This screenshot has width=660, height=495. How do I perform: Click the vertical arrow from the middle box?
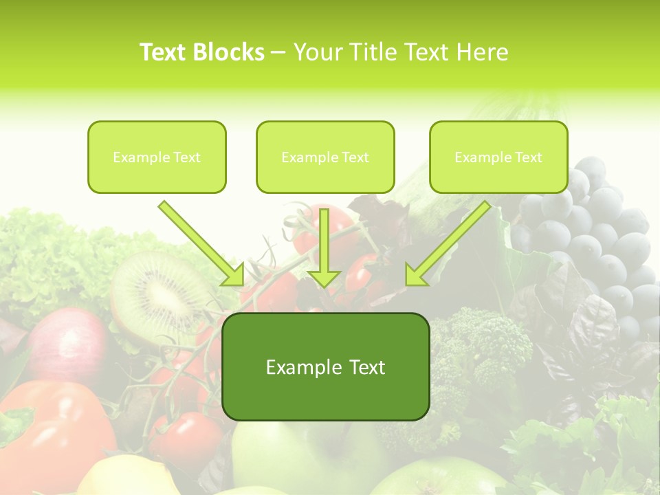coord(324,247)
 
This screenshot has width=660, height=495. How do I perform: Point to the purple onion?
coord(65,344)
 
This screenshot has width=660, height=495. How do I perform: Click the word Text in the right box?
coord(528,157)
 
